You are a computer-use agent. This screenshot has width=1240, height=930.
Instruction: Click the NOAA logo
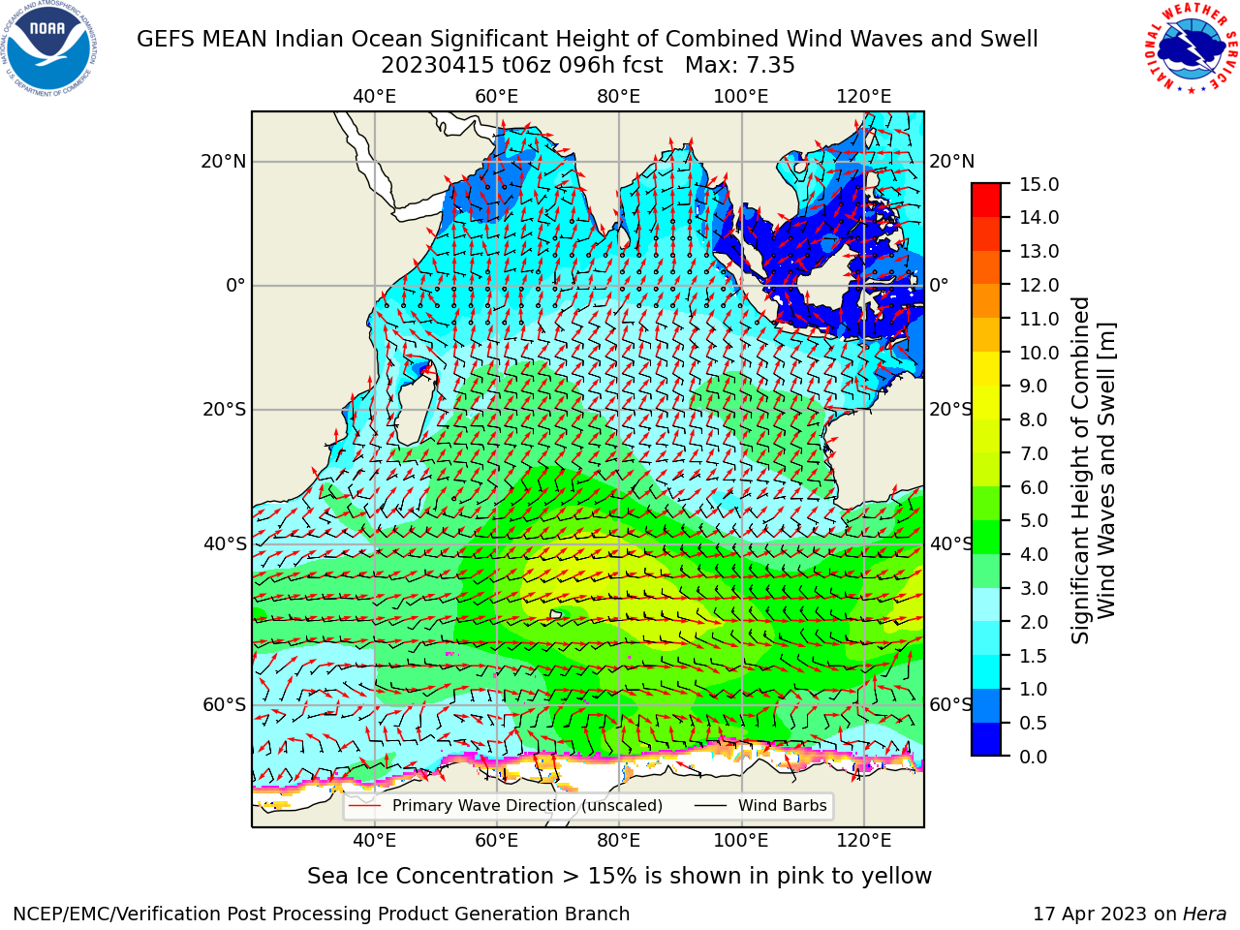click(x=49, y=49)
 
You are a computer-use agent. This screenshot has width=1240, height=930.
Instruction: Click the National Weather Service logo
click(x=1192, y=47)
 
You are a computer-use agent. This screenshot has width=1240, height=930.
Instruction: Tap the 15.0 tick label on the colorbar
click(x=1038, y=185)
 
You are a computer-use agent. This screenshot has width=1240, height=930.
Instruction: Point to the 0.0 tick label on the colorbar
click(x=1034, y=757)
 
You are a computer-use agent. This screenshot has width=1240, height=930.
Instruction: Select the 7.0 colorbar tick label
click(x=1034, y=453)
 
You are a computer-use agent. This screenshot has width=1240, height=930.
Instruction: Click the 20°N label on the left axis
click(x=224, y=162)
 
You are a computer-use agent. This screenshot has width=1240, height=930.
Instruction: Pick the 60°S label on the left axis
click(x=225, y=705)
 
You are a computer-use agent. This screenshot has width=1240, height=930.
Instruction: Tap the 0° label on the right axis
click(x=939, y=285)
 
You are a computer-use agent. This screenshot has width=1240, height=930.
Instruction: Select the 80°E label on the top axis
click(x=619, y=97)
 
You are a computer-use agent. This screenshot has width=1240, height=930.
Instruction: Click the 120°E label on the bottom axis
click(x=864, y=841)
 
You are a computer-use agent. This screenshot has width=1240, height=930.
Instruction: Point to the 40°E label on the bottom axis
click(x=375, y=841)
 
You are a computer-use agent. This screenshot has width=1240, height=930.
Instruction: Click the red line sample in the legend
click(x=364, y=806)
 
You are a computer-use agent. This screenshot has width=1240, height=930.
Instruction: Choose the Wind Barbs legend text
click(x=783, y=806)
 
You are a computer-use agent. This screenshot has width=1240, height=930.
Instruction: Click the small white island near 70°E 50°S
click(x=556, y=614)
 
